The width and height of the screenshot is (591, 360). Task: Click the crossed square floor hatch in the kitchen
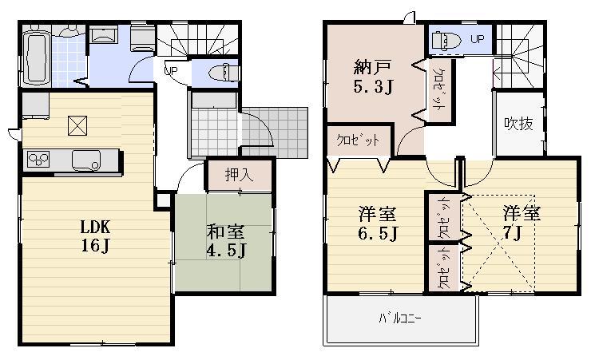click(77, 125)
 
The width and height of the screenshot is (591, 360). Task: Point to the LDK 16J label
click(94, 235)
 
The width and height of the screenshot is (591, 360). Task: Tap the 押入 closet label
click(239, 176)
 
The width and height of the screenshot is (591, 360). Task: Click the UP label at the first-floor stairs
click(170, 70)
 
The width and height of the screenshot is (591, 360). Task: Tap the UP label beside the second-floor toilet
click(477, 38)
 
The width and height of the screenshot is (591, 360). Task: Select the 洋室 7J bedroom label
click(522, 224)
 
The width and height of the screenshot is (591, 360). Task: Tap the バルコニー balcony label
click(400, 320)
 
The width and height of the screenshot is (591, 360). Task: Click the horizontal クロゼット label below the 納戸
click(357, 139)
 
